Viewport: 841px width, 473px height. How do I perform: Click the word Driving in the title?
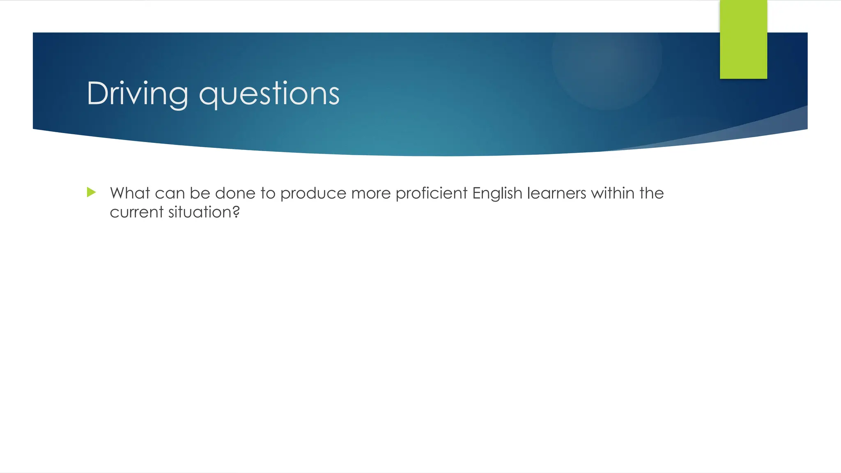click(137, 94)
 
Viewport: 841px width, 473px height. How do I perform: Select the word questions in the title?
click(269, 94)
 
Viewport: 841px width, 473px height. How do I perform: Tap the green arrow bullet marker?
click(92, 192)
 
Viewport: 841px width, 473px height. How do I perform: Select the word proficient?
click(431, 193)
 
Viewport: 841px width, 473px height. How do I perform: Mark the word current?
click(137, 212)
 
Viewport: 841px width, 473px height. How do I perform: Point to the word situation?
click(200, 212)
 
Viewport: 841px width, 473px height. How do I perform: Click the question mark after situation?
click(236, 212)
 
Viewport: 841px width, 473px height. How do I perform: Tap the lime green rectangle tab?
click(743, 39)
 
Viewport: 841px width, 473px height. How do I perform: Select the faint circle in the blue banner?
click(607, 57)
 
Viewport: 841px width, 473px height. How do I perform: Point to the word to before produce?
click(268, 193)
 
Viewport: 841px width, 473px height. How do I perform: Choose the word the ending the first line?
click(651, 193)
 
